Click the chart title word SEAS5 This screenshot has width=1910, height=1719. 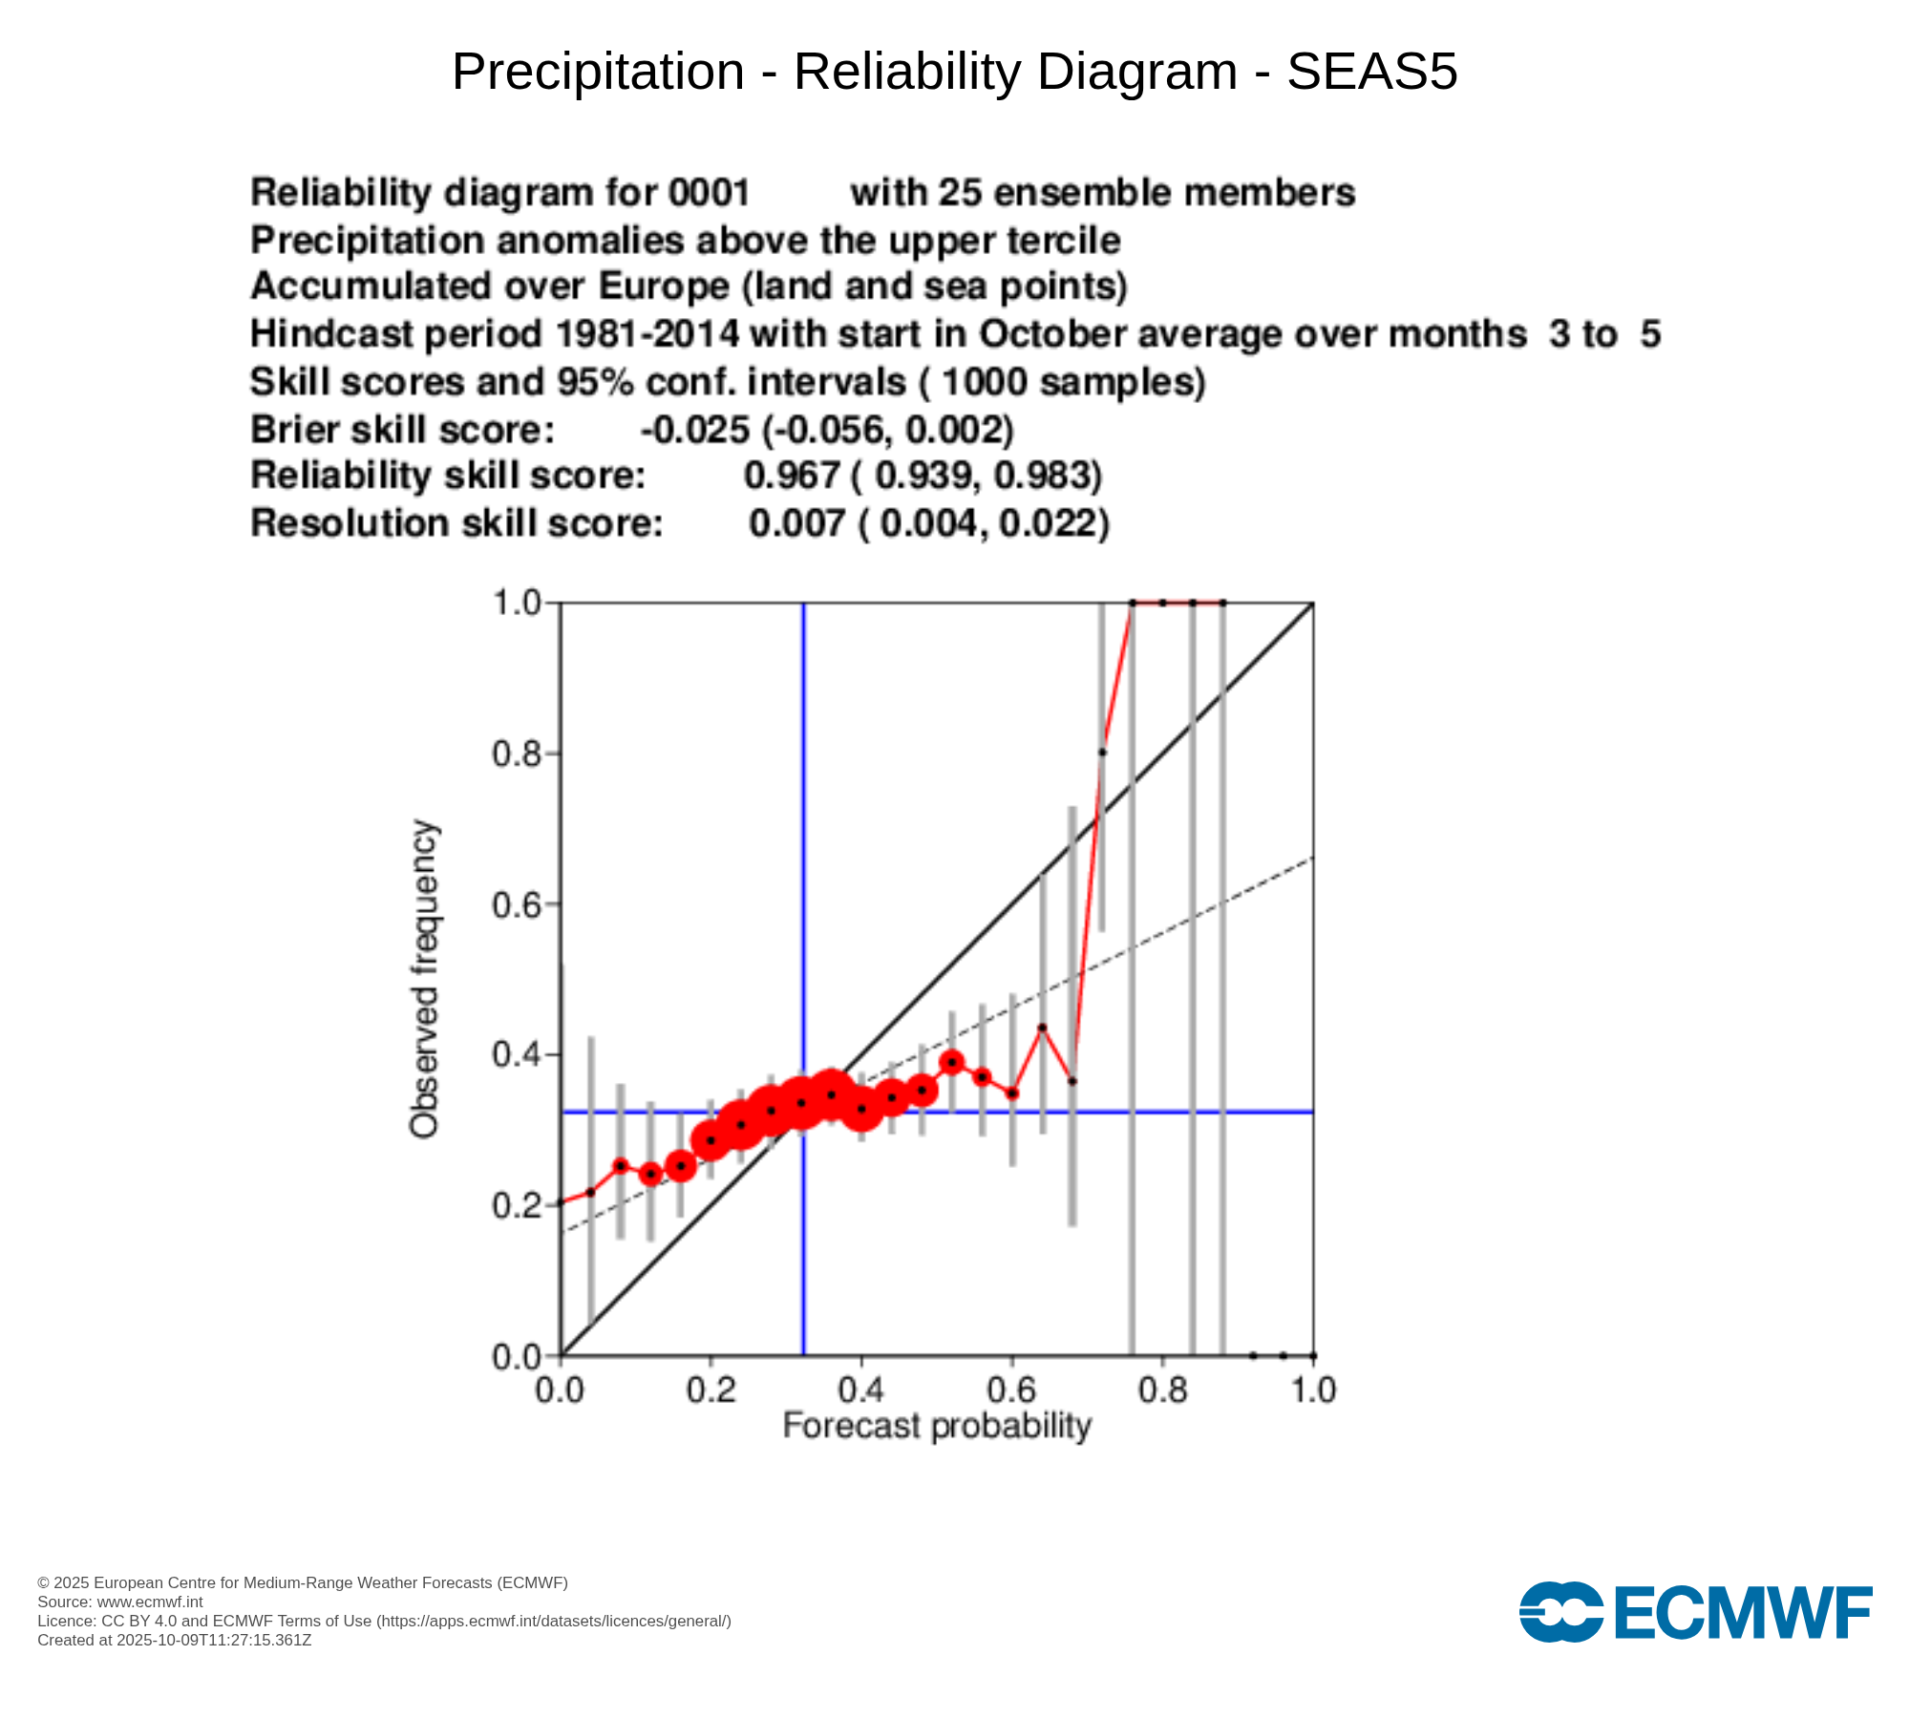(1371, 72)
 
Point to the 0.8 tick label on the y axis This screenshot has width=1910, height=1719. (516, 754)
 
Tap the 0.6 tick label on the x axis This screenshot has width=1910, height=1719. (1012, 1390)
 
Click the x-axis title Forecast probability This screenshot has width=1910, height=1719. (936, 1426)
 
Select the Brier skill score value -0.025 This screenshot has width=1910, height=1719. (695, 430)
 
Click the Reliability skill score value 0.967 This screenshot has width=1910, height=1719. (791, 476)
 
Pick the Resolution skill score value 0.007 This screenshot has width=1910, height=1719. (796, 523)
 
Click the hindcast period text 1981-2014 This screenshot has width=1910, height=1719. (647, 334)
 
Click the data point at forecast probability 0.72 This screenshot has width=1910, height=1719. (1102, 752)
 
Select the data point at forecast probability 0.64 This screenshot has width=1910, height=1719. (1042, 1028)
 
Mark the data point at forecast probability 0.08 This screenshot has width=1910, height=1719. (621, 1165)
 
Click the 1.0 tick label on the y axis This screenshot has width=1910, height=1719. (516, 604)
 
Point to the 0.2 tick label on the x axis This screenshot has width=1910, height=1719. (711, 1390)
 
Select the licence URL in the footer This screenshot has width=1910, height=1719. (554, 1622)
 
